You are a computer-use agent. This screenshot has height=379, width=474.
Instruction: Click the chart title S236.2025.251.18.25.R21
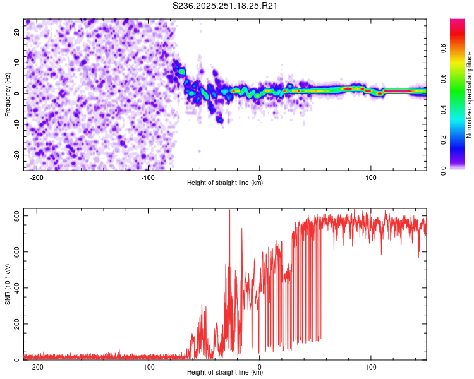pos(226,6)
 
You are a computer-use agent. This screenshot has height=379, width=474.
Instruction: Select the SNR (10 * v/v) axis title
pos(8,284)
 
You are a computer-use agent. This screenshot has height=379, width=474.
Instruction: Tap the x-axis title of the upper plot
pos(225,183)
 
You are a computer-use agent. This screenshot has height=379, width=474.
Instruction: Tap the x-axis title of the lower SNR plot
pos(225,373)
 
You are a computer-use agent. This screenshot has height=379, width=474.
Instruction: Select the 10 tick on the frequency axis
pos(17,62)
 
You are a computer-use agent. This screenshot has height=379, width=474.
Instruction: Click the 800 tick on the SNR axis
pos(15,216)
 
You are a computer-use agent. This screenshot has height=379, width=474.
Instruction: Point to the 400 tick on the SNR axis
pos(15,288)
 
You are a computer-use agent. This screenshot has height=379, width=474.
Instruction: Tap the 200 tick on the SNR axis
pos(15,324)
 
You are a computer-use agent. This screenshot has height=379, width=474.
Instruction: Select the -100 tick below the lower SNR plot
pos(147,366)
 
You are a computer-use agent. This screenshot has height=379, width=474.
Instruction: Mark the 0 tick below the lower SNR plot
pos(260,366)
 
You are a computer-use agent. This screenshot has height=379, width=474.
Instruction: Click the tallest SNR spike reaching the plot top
pos(229,212)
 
